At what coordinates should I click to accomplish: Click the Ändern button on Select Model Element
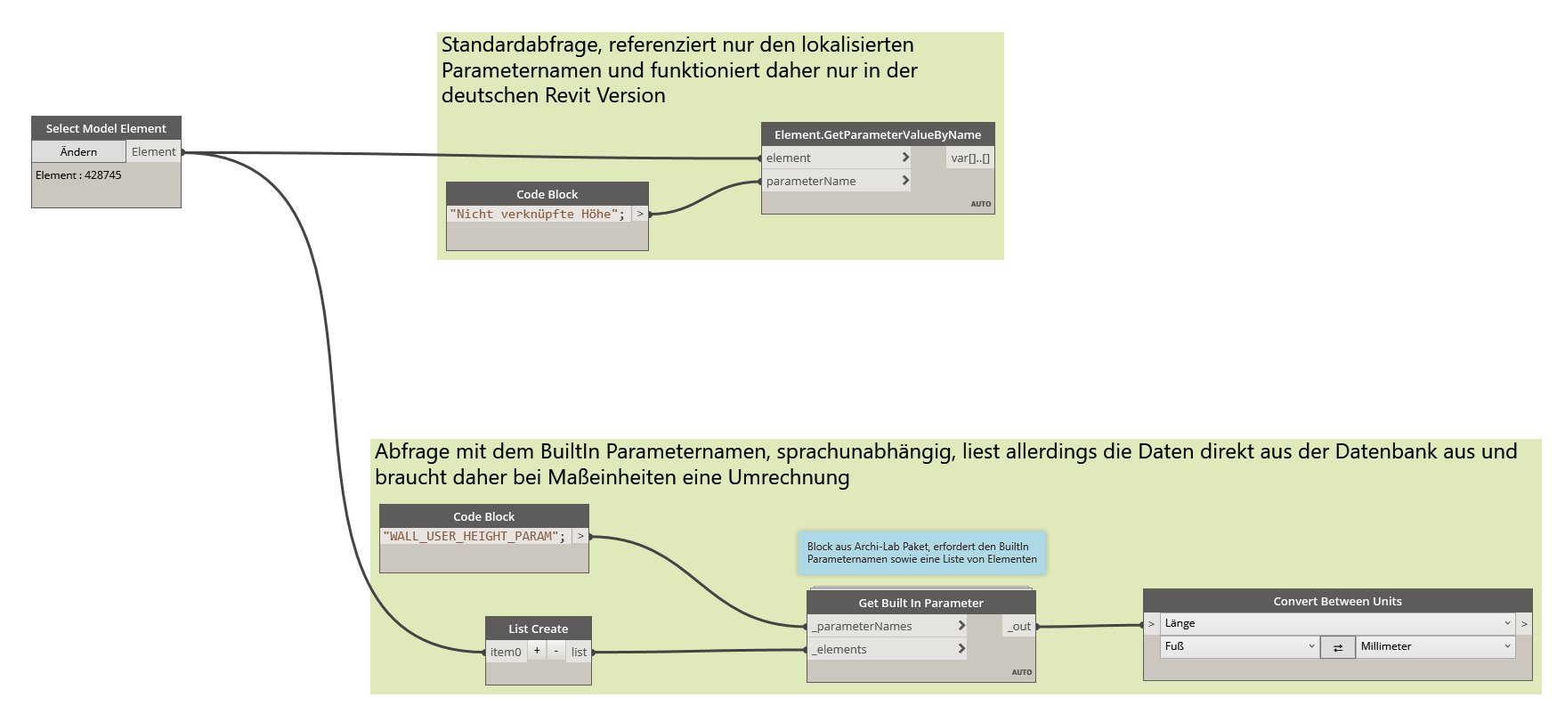78,152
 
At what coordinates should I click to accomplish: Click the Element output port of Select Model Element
154,152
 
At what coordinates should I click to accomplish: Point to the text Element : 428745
78,175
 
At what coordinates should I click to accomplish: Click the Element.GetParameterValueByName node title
877,134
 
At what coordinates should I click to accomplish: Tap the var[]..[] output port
969,158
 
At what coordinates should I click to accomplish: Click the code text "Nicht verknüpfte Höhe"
537,215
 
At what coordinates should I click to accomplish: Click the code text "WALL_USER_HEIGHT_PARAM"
474,537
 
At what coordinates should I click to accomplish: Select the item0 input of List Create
506,652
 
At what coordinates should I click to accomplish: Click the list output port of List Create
579,652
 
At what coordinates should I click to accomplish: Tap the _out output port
1019,627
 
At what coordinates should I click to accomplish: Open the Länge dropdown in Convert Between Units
1337,623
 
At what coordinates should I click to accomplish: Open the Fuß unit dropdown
1238,646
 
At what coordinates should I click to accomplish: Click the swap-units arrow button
1337,647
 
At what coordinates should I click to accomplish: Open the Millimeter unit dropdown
1434,646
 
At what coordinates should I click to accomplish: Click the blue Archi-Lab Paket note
921,553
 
